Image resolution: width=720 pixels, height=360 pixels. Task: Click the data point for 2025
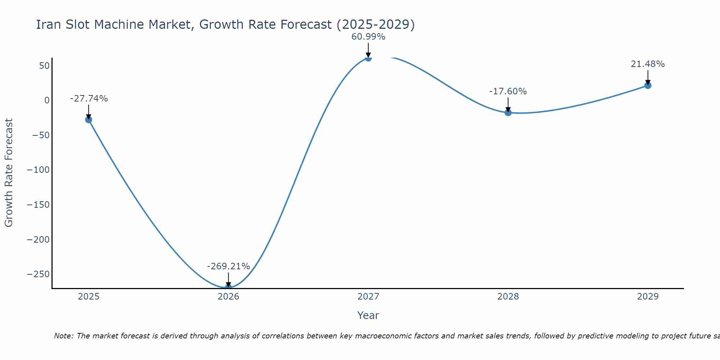(89, 120)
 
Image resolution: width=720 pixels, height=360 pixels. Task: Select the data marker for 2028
(508, 112)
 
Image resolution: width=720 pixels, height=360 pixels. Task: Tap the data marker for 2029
(648, 85)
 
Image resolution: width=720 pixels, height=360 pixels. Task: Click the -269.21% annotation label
(228, 266)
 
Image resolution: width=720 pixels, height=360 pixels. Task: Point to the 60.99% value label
(368, 37)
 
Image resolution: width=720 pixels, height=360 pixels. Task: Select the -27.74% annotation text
(89, 99)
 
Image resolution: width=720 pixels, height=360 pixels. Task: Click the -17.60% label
(508, 91)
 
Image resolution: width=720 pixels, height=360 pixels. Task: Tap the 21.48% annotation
(648, 64)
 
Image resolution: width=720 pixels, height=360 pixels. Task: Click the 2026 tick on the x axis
(228, 297)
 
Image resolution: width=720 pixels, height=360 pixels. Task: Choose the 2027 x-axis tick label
(368, 297)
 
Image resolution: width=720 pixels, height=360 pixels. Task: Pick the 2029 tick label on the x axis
(648, 297)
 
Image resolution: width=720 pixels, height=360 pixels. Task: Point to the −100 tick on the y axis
(38, 170)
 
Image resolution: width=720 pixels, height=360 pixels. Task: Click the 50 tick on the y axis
(44, 66)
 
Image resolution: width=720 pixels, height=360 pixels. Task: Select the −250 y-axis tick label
(38, 274)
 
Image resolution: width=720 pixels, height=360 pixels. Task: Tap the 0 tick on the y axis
(47, 100)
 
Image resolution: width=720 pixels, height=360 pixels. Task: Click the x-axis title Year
(368, 315)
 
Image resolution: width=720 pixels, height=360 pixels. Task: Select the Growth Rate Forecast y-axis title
(9, 173)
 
